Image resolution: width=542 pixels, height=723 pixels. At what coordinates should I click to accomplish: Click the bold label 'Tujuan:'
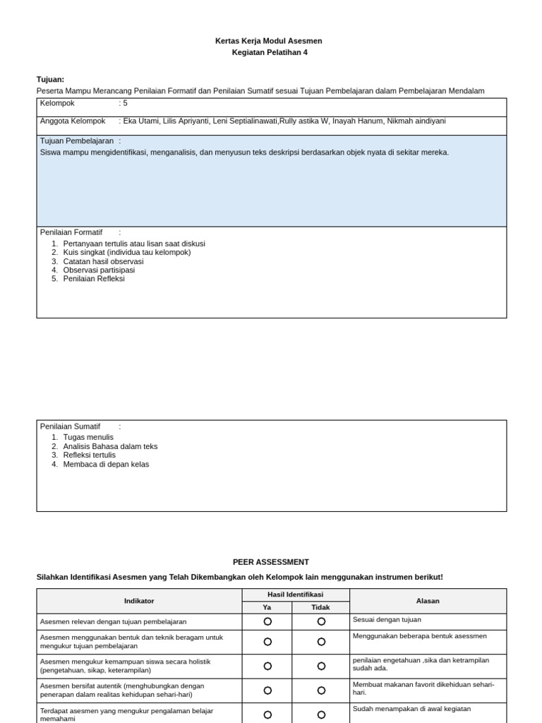(50, 79)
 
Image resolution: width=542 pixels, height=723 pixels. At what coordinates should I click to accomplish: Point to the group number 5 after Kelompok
(126, 103)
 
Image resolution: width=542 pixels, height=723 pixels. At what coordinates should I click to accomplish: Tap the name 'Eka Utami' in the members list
(141, 121)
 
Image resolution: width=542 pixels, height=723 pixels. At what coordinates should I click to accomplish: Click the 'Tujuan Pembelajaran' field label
(77, 141)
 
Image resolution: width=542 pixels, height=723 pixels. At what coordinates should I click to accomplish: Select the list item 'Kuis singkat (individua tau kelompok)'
(127, 252)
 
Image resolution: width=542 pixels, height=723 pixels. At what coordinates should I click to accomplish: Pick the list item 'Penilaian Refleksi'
(94, 279)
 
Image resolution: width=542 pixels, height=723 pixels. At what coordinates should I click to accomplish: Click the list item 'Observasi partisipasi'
(99, 270)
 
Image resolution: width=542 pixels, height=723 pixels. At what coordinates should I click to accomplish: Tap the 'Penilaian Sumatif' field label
(70, 426)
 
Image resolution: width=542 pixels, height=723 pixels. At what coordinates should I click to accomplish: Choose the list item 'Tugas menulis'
(88, 437)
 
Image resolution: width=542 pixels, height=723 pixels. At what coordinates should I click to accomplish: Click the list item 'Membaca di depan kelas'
(106, 465)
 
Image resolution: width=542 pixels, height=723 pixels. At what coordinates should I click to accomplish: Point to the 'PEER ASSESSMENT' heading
(271, 562)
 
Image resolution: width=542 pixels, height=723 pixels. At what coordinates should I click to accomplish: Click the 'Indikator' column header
(139, 601)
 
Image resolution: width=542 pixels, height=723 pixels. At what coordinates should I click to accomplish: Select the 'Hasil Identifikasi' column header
(295, 595)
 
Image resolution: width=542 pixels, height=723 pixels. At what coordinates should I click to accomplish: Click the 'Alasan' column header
(428, 601)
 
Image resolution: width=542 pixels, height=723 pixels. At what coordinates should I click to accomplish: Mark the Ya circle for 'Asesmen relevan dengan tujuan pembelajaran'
(267, 621)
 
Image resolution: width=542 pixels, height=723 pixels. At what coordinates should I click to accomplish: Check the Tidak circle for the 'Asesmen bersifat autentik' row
(321, 691)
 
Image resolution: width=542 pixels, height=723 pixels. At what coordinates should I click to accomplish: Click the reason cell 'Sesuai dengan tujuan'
(387, 620)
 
